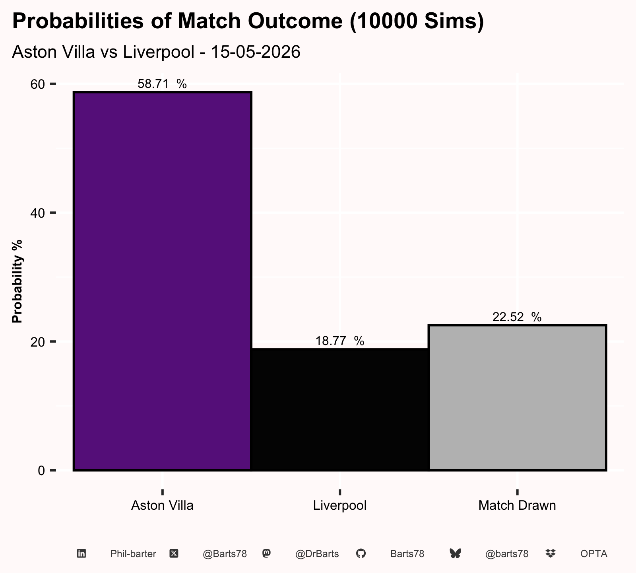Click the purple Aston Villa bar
162,281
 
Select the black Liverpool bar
340,410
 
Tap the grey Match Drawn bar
517,398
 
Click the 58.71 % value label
162,84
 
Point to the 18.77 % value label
340,341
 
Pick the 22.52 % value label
517,317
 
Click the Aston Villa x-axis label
162,505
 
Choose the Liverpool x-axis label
340,506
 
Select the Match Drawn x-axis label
517,505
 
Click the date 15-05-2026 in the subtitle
256,52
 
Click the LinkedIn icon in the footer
81,554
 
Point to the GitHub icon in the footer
361,554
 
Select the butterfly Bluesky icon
455,554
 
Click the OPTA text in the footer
594,554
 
